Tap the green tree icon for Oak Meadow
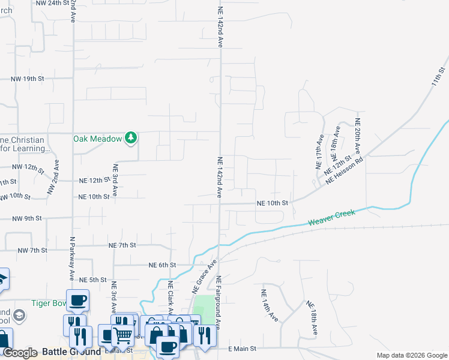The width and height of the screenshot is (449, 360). pos(131,138)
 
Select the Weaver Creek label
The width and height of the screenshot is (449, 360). pos(332,217)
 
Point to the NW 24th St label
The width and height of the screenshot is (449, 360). pos(53,3)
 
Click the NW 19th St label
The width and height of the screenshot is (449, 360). pos(28,79)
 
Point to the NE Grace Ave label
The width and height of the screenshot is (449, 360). pos(204,277)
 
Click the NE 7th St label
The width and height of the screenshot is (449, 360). pos(122,245)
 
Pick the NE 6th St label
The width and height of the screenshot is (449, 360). pos(162,265)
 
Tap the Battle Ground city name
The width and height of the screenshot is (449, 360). pos(71,352)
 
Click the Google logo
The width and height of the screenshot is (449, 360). pos(20,352)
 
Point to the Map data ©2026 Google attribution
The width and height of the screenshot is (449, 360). pos(411,355)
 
